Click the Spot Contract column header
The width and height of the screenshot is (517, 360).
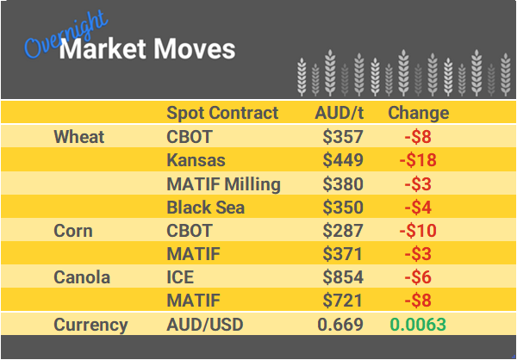[x=222, y=113]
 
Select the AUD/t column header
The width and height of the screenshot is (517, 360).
[x=339, y=113]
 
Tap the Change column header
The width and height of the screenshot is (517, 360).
[x=418, y=113]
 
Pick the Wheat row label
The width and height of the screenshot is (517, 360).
[x=78, y=137]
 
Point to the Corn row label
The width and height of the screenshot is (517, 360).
[x=72, y=231]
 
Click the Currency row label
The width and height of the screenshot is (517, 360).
[x=90, y=325]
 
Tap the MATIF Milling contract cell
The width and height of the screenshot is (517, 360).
[x=223, y=183]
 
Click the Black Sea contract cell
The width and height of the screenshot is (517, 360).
[x=205, y=208]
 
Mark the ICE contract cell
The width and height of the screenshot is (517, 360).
[x=182, y=278]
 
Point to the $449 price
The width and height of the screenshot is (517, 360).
[x=343, y=160]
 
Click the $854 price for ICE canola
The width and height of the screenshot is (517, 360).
[x=343, y=278]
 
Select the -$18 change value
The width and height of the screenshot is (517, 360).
[x=418, y=160]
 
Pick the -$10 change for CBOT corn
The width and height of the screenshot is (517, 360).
[x=418, y=231]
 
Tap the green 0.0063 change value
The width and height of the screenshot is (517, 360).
[x=418, y=325]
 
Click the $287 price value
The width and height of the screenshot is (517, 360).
[x=343, y=231]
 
